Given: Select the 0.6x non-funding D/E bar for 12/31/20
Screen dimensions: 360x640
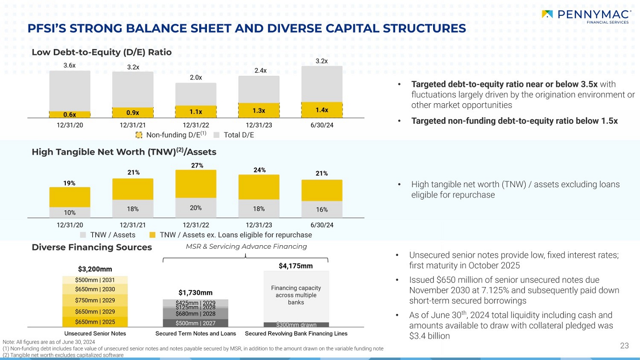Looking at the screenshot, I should tap(70, 114).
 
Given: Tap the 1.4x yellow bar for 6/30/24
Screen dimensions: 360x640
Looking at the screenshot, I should tap(322, 110).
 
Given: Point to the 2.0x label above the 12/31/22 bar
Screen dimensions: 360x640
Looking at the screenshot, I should tap(195, 77).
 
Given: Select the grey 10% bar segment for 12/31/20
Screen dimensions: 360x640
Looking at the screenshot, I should tap(70, 212).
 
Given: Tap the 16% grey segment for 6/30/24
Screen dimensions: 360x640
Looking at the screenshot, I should tap(322, 209).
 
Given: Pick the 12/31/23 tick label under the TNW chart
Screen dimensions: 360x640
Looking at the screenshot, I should tap(259, 225).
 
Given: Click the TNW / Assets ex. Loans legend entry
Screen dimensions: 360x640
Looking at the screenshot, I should tap(230, 235).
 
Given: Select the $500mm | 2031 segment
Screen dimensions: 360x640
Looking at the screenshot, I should tap(95, 280).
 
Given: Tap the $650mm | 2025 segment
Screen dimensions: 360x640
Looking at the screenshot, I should tap(95, 322).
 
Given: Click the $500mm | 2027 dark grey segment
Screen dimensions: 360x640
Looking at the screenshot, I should tap(195, 323).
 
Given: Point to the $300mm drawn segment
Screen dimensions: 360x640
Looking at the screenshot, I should tap(296, 325).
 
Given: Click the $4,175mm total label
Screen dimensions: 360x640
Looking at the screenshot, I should tap(296, 265).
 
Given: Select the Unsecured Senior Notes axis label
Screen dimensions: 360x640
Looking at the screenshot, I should tap(95, 334).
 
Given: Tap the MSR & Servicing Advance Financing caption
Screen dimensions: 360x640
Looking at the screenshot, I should tap(240, 247).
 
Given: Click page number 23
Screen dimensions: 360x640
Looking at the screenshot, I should tap(624, 346).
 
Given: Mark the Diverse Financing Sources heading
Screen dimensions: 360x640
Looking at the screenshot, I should tap(92, 247).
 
